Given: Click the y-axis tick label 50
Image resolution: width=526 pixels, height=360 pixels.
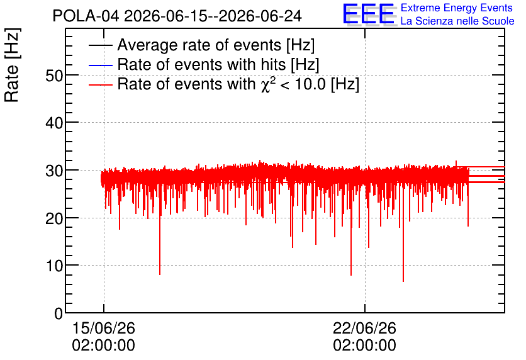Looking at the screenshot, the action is click(x=54, y=76).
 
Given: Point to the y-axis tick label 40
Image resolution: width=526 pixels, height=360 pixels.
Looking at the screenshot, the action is click(x=54, y=123).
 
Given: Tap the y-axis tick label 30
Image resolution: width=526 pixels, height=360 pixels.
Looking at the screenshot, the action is click(x=54, y=171).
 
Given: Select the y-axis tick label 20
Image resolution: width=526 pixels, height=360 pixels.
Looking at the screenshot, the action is click(x=54, y=219).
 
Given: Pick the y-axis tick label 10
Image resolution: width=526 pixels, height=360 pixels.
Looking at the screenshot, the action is click(x=54, y=266).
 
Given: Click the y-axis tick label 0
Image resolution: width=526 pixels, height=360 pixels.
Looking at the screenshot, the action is click(x=59, y=313).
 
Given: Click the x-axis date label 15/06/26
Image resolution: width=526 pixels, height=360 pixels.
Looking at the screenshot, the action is click(x=104, y=328).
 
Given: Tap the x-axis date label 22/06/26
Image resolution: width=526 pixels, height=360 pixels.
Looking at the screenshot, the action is click(x=365, y=328).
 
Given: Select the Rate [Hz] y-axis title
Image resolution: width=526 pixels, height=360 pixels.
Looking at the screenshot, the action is click(x=12, y=65).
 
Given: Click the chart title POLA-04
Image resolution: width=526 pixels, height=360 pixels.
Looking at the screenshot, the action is click(x=86, y=16).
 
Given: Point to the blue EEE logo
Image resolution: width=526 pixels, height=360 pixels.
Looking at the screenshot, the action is click(x=369, y=14).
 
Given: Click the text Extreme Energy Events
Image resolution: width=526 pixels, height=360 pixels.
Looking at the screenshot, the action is click(x=457, y=8).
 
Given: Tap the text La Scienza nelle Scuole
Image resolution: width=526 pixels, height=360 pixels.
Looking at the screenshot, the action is click(x=457, y=21).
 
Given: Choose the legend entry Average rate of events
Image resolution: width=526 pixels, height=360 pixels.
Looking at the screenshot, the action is click(x=216, y=45).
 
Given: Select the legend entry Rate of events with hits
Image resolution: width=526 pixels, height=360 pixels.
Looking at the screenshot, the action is click(x=218, y=64).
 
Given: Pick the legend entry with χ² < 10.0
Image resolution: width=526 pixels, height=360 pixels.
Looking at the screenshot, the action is click(x=238, y=84).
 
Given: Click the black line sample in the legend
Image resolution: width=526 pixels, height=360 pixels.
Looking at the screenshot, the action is click(x=100, y=45).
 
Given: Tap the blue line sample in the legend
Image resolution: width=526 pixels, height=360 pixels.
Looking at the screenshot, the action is click(x=100, y=65).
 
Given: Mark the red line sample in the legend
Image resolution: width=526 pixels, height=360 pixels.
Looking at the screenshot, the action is click(x=100, y=85).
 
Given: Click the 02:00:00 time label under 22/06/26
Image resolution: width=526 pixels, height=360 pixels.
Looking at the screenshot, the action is click(x=365, y=346).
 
